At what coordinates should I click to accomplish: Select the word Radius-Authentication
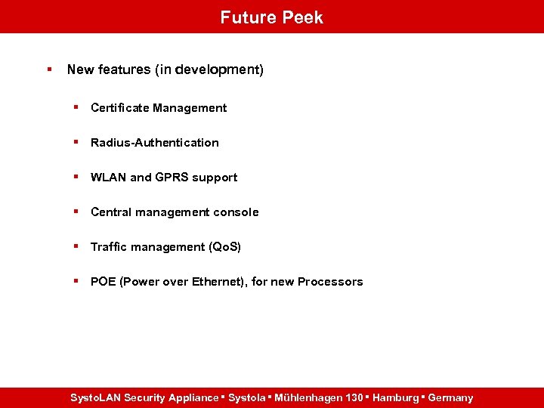click(x=155, y=143)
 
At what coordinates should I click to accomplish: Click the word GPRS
click(x=172, y=178)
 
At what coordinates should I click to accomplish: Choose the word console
click(x=236, y=212)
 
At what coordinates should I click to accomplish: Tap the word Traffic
click(x=110, y=247)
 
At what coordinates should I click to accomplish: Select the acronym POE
click(x=104, y=282)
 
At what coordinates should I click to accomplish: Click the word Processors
click(x=330, y=282)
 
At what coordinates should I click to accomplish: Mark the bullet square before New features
click(x=49, y=70)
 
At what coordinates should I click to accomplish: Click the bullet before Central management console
click(x=76, y=212)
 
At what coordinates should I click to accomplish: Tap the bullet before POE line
click(x=76, y=281)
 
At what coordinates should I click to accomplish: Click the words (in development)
click(x=209, y=70)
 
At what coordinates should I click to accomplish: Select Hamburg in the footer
click(x=395, y=397)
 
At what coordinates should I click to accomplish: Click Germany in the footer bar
click(x=450, y=397)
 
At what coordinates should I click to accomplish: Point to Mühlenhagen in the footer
click(x=308, y=397)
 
